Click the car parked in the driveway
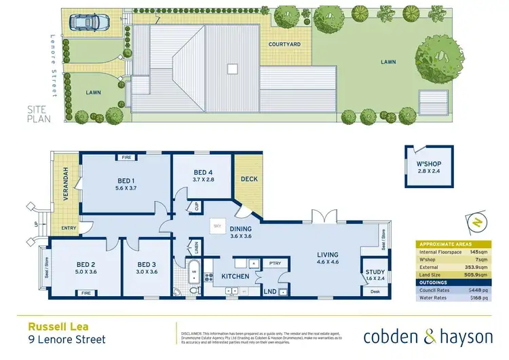86,24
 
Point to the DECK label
249,179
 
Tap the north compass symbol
476,222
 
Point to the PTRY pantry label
275,263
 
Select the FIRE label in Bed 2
86,293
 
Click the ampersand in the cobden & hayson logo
417,336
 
